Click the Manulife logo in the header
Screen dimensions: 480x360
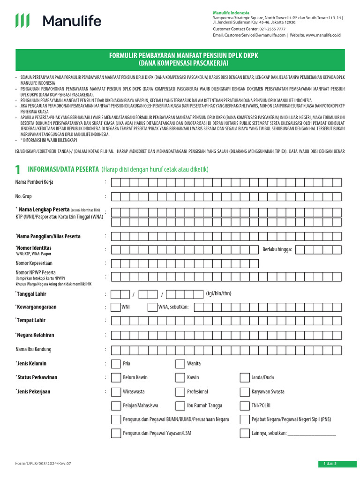58,21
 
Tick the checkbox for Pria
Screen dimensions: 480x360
115,364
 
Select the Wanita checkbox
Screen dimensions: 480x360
180,364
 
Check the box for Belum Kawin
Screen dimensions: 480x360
115,377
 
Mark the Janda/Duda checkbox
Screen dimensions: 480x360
244,377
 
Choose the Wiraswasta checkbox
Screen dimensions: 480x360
115,391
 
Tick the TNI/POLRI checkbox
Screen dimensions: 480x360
244,405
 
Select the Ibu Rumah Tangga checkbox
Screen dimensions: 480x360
180,405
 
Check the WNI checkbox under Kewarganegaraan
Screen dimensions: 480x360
114,307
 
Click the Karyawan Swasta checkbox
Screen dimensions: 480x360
244,391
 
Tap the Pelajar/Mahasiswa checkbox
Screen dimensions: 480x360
115,405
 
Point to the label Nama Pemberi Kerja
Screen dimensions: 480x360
34,182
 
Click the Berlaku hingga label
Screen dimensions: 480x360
277,249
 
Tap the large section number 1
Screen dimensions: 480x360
18,169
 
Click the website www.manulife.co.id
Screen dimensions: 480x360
323,35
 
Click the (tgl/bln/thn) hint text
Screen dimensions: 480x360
218,294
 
